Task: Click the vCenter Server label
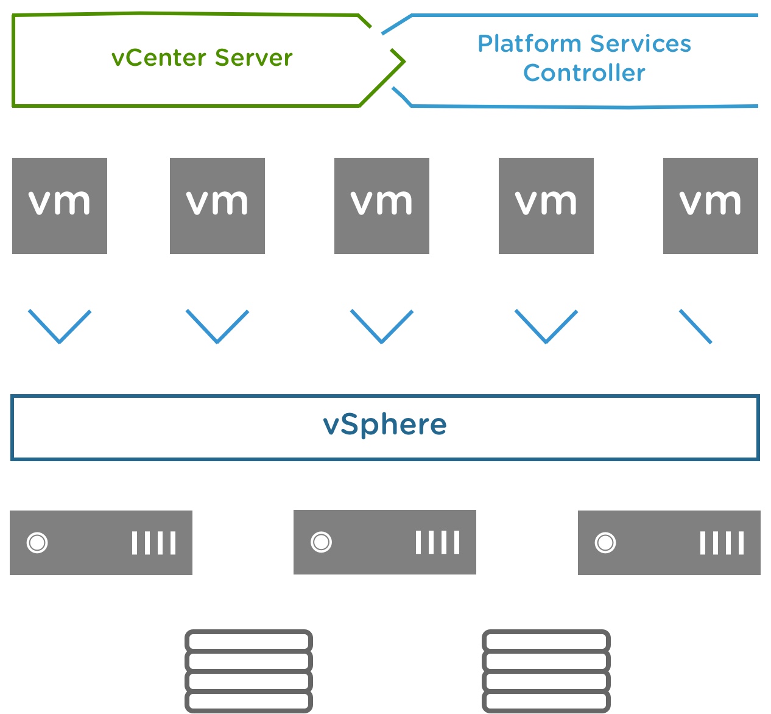pyautogui.click(x=202, y=58)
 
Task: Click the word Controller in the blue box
pyautogui.click(x=584, y=73)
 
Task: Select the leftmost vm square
pyautogui.click(x=60, y=206)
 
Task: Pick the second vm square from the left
pyautogui.click(x=217, y=206)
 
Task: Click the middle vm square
pyautogui.click(x=382, y=206)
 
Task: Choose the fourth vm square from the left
pyautogui.click(x=546, y=206)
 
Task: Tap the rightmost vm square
pyautogui.click(x=711, y=206)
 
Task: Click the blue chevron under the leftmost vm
pyautogui.click(x=60, y=328)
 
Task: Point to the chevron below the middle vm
pyautogui.click(x=382, y=328)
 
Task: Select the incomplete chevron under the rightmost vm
pyautogui.click(x=695, y=327)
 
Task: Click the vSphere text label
pyautogui.click(x=385, y=425)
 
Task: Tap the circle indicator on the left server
pyautogui.click(x=37, y=542)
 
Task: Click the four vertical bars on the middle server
pyautogui.click(x=438, y=542)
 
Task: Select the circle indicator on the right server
pyautogui.click(x=605, y=542)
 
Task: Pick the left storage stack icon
pyautogui.click(x=248, y=671)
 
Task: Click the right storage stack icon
pyautogui.click(x=546, y=671)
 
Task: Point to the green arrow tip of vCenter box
pyautogui.click(x=401, y=61)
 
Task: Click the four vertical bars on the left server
pyautogui.click(x=154, y=543)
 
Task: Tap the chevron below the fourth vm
pyautogui.click(x=546, y=328)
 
